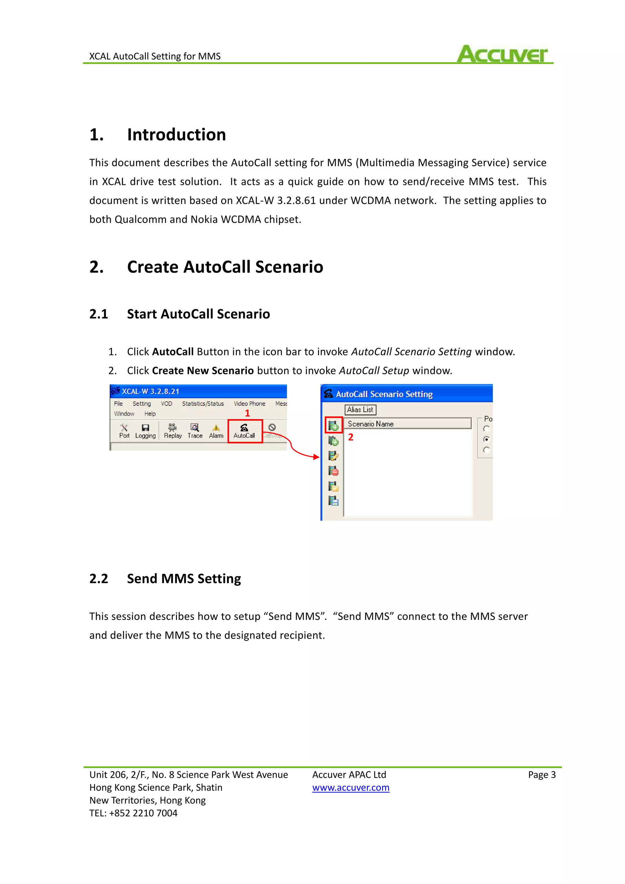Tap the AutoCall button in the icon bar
244,431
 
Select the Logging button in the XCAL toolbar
146,431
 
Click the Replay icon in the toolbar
173,431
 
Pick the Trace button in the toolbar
195,431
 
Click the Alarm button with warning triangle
216,431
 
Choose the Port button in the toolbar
124,431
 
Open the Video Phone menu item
249,404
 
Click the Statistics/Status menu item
203,404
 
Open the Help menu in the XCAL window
150,414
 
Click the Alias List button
360,410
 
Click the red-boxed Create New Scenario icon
333,426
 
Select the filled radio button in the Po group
486,439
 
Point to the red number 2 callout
351,437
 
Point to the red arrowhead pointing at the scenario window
316,457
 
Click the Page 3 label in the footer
541,775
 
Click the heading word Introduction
176,135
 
